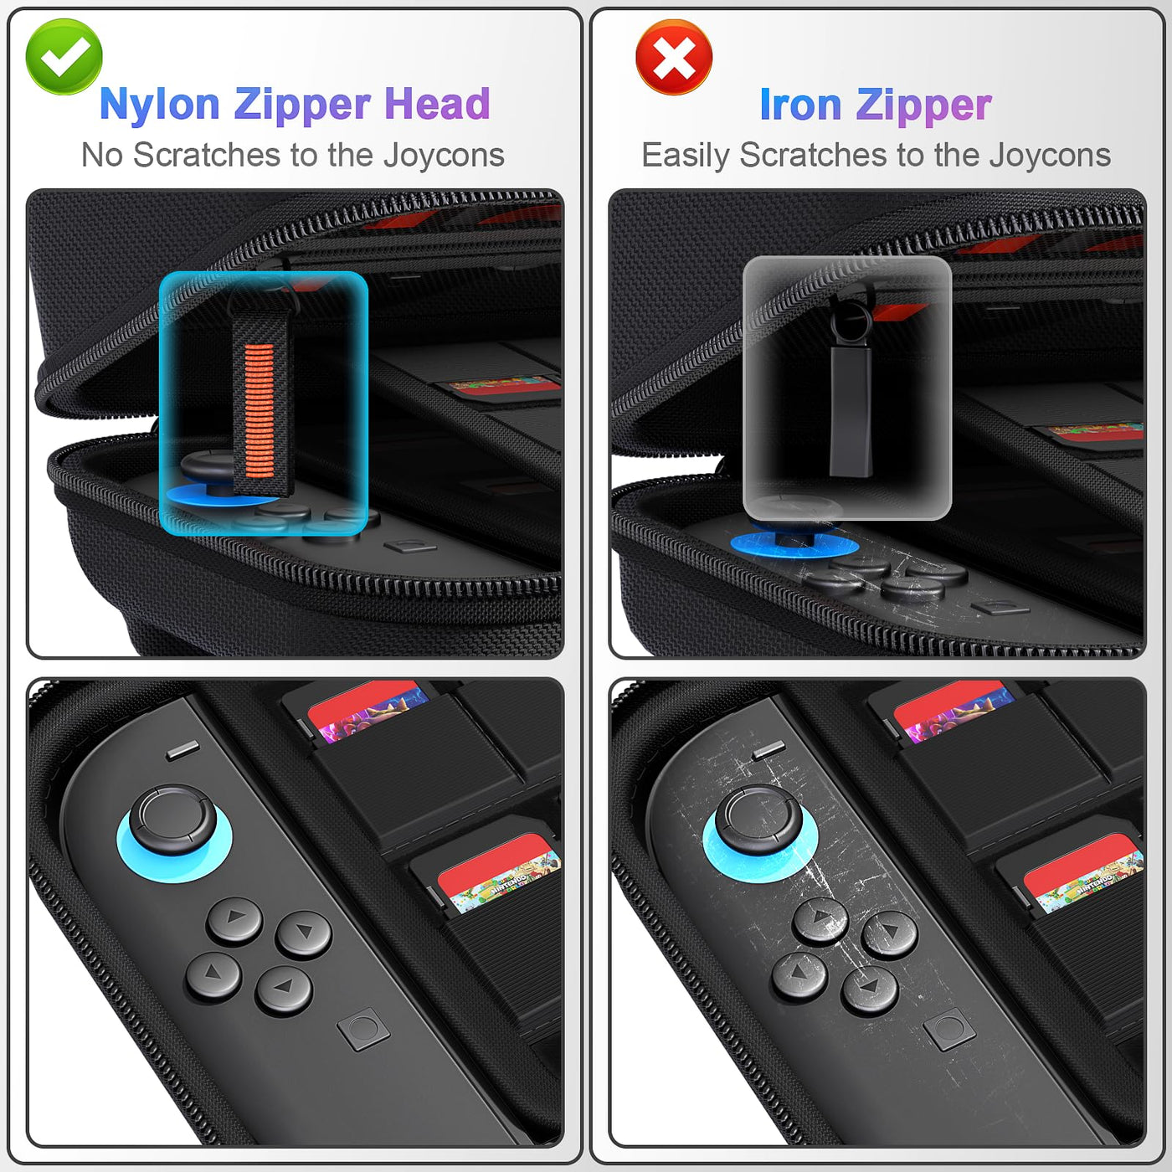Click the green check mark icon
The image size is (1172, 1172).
click(64, 57)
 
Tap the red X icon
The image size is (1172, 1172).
click(674, 57)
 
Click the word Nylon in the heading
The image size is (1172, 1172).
click(159, 105)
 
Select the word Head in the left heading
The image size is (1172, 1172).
click(437, 104)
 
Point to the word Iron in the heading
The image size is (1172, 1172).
click(801, 105)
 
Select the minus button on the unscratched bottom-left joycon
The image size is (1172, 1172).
click(182, 751)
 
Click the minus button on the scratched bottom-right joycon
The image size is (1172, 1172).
click(768, 751)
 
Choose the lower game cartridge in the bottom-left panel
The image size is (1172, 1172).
click(497, 873)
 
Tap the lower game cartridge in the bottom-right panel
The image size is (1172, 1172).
click(1082, 873)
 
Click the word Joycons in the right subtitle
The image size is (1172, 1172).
click(1050, 156)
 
